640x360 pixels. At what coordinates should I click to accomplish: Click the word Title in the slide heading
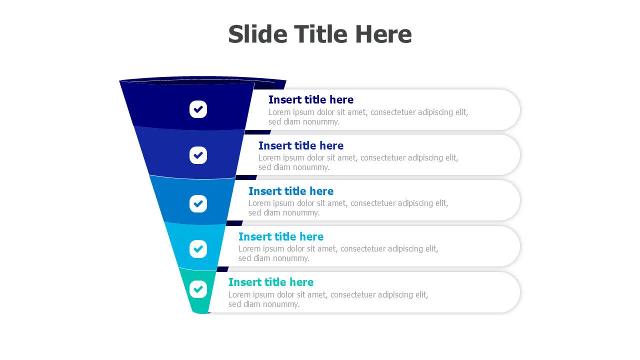point(320,34)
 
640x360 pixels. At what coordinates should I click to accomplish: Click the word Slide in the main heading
point(257,34)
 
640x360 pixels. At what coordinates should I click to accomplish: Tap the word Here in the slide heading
point(383,34)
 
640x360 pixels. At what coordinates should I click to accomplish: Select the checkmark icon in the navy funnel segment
point(198,109)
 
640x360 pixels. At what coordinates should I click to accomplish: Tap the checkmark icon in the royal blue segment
point(198,155)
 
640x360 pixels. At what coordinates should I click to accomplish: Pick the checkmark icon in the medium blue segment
point(198,203)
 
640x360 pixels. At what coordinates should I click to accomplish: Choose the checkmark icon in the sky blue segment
point(198,248)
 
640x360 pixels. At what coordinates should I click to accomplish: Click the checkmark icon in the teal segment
point(198,289)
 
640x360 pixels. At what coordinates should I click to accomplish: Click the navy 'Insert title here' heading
point(310,99)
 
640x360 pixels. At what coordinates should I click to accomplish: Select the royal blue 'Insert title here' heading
point(300,145)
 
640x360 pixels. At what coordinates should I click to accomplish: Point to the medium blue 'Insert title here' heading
point(290,191)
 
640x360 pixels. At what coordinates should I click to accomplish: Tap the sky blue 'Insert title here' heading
point(280,236)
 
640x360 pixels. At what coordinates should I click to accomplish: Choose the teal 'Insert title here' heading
point(270,282)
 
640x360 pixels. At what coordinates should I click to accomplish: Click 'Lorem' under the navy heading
point(279,112)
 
